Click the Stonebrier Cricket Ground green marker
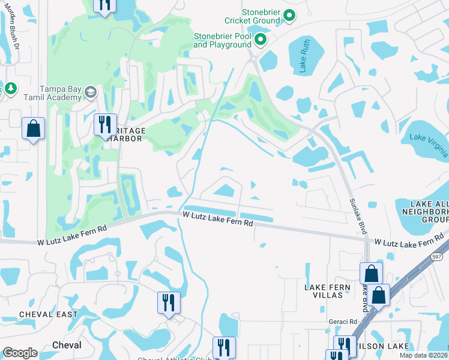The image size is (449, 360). (x=289, y=16)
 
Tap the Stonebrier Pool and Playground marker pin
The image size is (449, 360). (x=261, y=40)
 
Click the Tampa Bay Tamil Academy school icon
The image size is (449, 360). (x=91, y=92)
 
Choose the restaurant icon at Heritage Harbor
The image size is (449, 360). (x=105, y=125)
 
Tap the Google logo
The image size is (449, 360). (x=20, y=352)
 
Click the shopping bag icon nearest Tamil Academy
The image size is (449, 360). (x=33, y=128)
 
